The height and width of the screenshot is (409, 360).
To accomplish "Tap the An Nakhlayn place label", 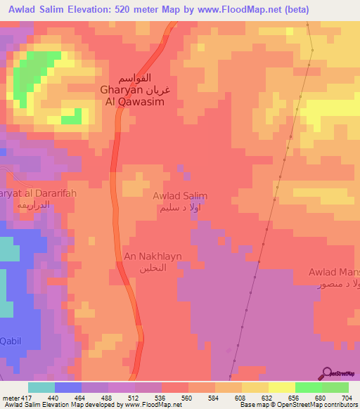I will click(x=146, y=258).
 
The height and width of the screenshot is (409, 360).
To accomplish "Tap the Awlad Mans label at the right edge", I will click(x=335, y=272).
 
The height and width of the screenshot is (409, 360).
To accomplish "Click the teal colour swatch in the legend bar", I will click(x=41, y=387).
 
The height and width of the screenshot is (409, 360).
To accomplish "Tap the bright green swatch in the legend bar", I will click(x=308, y=387).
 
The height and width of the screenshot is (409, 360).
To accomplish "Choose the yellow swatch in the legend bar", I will click(x=281, y=387).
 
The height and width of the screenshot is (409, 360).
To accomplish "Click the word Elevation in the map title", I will click(x=83, y=9).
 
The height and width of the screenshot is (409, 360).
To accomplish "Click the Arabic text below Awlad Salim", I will click(x=180, y=208).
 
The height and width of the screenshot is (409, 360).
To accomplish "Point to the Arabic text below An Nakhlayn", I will click(x=146, y=269).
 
